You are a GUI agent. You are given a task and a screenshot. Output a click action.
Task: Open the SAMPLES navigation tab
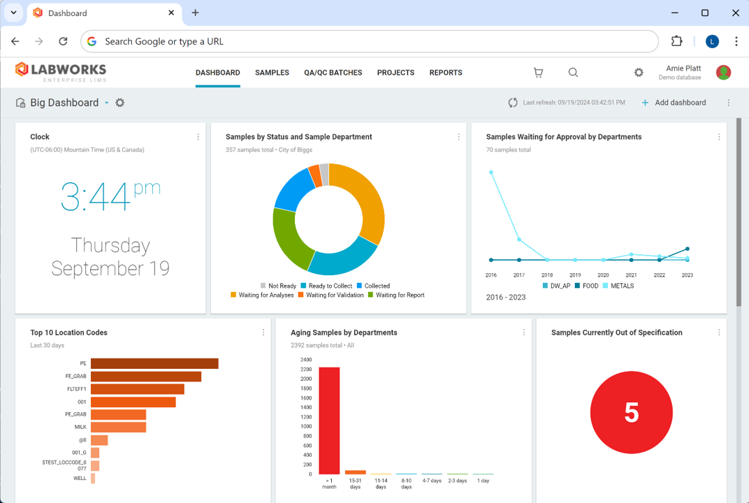[272, 73]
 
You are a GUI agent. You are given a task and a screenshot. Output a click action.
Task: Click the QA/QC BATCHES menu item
[333, 73]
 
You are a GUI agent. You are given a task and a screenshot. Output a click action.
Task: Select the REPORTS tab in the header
[446, 73]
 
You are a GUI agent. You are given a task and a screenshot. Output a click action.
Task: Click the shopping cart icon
[538, 73]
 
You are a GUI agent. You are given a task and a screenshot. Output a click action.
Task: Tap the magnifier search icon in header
[573, 73]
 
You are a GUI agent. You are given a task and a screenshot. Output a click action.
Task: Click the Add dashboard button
[674, 103]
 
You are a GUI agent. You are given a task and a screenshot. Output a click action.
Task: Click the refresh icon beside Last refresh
[513, 103]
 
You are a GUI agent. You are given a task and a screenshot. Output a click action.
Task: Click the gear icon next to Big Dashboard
[120, 103]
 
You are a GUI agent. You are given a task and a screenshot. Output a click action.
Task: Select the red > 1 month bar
[329, 421]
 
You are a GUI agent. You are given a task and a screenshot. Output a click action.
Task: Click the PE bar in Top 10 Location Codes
[154, 363]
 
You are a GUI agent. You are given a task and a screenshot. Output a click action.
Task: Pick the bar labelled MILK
[118, 427]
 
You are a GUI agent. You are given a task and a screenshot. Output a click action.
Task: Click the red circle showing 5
[631, 413]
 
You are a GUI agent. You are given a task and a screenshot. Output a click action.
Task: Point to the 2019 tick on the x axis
[575, 275]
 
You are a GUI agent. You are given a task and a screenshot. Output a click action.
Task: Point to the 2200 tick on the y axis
[306, 370]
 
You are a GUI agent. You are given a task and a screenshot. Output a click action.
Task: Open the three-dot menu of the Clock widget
[198, 137]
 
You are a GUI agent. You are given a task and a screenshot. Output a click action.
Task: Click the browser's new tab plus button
[195, 13]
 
